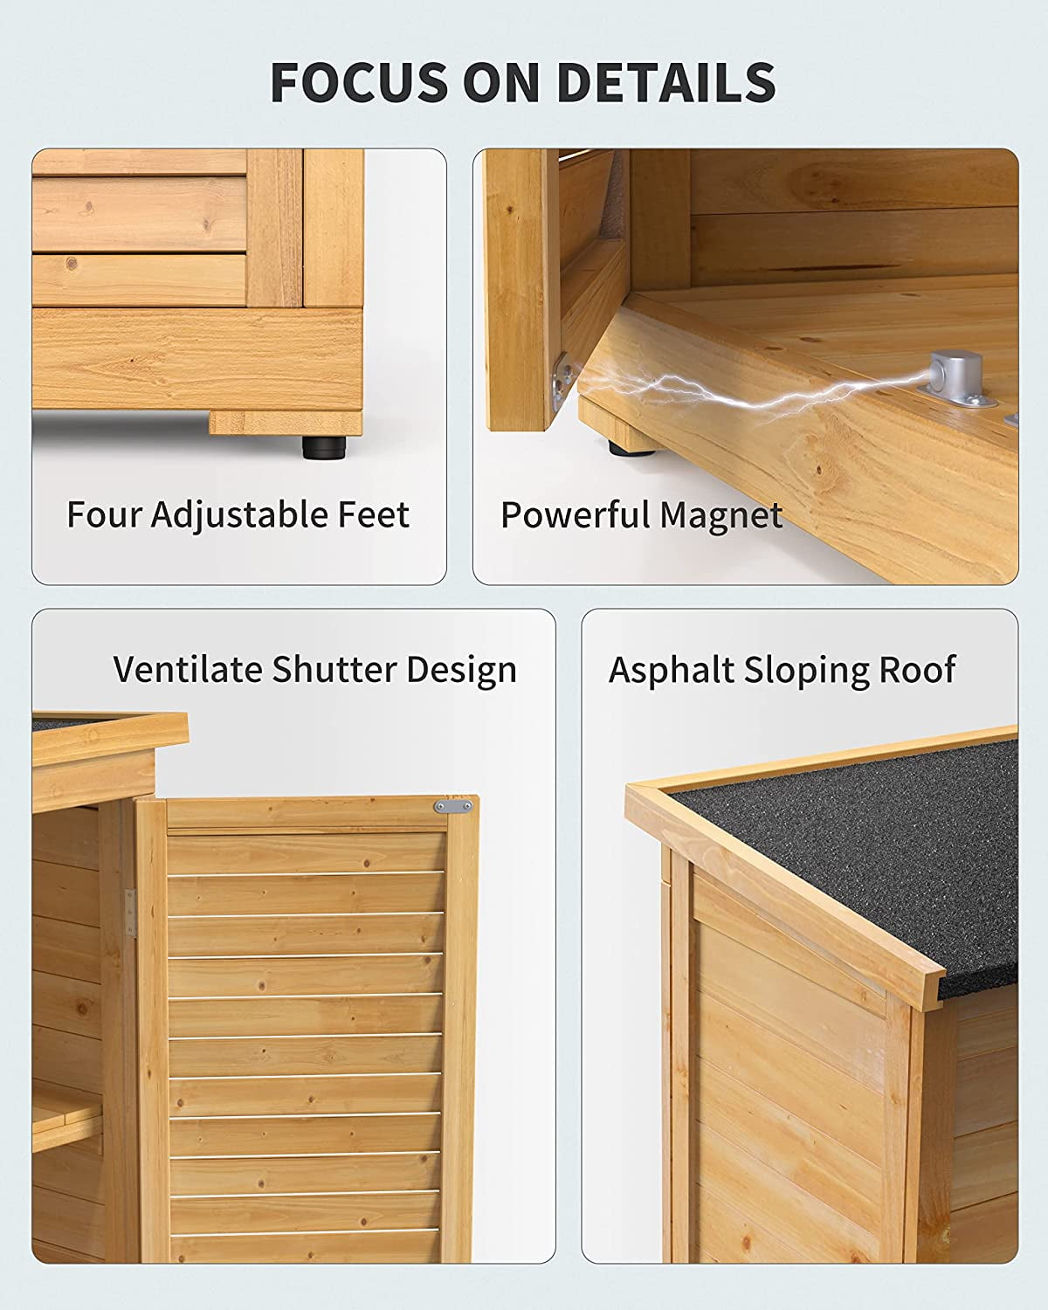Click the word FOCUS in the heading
pyautogui.click(x=359, y=81)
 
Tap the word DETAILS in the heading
pyautogui.click(x=666, y=81)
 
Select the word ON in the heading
pyautogui.click(x=502, y=81)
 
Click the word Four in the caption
pyautogui.click(x=104, y=514)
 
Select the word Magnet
pyautogui.click(x=721, y=516)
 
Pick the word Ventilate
pyautogui.click(x=188, y=669)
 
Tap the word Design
pyautogui.click(x=462, y=670)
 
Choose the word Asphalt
pyautogui.click(x=671, y=670)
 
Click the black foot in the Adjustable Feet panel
pyautogui.click(x=323, y=447)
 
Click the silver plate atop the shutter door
pyautogui.click(x=453, y=806)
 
